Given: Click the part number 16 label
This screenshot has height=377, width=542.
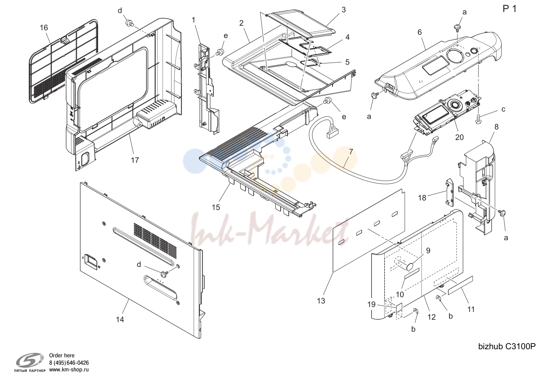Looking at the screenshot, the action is tap(44, 28).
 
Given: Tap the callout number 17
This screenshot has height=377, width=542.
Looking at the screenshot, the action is tap(135, 160).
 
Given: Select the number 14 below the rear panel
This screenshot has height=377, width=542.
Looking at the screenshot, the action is tap(120, 319).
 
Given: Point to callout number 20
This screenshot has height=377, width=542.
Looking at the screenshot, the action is tap(460, 137).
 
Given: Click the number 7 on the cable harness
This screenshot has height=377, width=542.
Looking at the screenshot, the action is tap(351, 152).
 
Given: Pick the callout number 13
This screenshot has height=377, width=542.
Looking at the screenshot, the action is tap(321, 301).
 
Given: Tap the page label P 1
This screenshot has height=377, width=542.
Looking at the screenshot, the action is tap(510, 9).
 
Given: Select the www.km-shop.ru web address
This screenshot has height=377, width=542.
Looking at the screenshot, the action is tap(69, 370).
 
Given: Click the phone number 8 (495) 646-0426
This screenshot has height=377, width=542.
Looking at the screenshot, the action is tap(69, 363).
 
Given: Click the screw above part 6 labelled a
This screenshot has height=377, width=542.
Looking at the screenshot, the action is tap(457, 28).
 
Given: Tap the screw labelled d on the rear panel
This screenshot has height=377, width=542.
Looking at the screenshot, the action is tap(164, 274).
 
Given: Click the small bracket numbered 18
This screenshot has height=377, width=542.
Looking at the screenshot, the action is tap(450, 193).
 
